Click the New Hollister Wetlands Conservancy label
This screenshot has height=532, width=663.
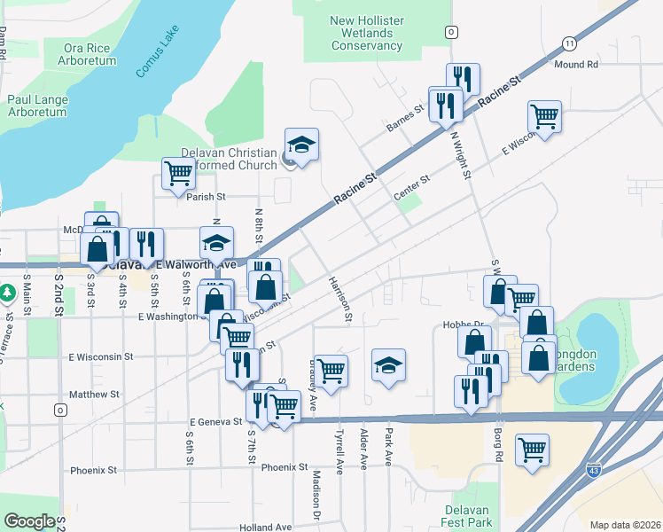(361, 33)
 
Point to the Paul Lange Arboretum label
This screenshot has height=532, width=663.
(36, 106)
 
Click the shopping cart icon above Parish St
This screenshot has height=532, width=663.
(178, 174)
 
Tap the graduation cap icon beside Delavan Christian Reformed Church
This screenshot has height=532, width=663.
(301, 145)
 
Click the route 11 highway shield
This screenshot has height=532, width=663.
(568, 43)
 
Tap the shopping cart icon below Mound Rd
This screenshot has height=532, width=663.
(544, 116)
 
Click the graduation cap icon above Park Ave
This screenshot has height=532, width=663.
(388, 365)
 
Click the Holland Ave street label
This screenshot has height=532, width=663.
(265, 528)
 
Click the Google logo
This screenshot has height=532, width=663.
(29, 521)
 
